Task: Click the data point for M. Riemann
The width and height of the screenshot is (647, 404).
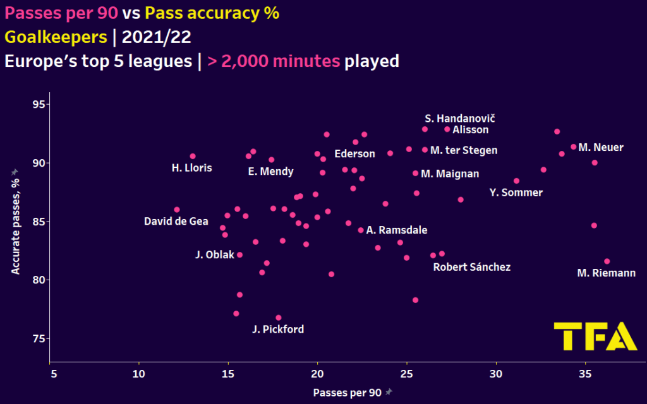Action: pos(607,261)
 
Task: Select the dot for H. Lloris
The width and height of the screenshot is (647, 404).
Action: pos(193,156)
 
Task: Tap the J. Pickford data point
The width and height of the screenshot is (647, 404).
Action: pos(279,318)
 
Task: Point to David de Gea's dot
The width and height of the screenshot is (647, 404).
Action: pos(177,210)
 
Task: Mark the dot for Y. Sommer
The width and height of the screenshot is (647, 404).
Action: pos(516,181)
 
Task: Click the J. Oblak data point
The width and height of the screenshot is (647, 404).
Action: pos(239,255)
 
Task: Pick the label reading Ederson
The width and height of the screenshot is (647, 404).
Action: pos(354,154)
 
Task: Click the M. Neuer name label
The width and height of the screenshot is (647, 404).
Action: pos(601,148)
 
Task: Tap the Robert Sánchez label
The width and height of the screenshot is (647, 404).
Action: pos(471,267)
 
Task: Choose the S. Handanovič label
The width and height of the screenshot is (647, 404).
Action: pos(460,119)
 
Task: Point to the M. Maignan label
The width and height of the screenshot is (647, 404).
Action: pos(450,174)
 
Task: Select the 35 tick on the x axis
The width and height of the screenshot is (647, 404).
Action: pos(585,374)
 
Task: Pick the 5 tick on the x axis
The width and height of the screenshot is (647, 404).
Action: pos(54,374)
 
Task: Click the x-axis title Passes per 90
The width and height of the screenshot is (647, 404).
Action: pos(347,392)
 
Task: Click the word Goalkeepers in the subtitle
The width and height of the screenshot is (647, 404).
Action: pos(56,37)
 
